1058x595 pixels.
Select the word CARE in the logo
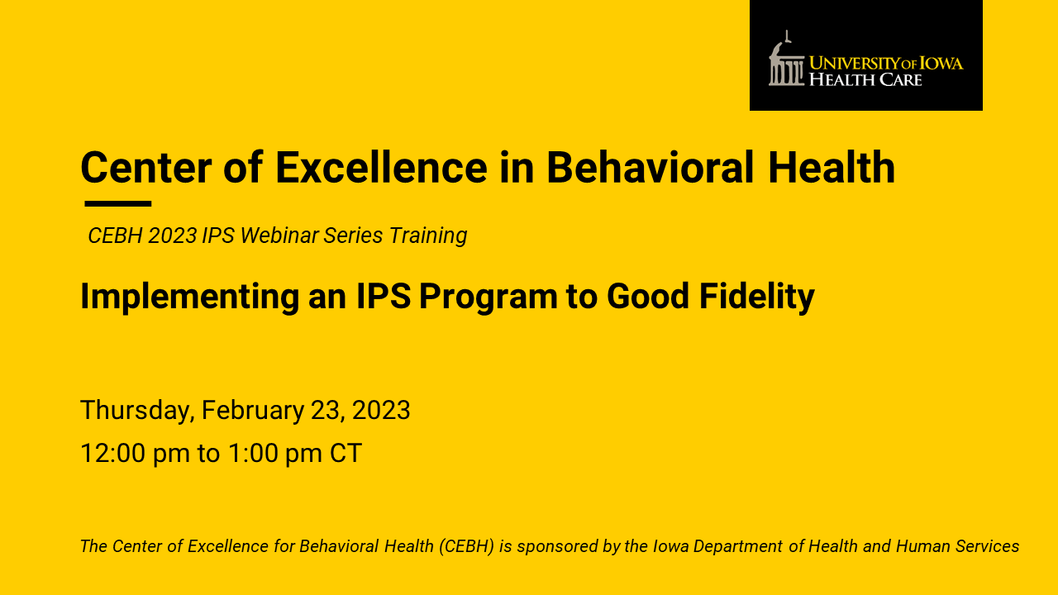click(901, 79)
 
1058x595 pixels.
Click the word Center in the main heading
click(146, 167)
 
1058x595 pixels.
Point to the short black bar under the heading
click(118, 203)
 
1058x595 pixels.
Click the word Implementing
click(190, 297)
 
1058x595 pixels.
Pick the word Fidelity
click(757, 297)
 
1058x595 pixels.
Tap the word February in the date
click(253, 411)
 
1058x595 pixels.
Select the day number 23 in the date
click(326, 410)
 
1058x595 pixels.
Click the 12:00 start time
click(113, 454)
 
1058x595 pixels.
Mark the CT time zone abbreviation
click(346, 454)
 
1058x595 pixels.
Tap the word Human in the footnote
click(923, 546)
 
